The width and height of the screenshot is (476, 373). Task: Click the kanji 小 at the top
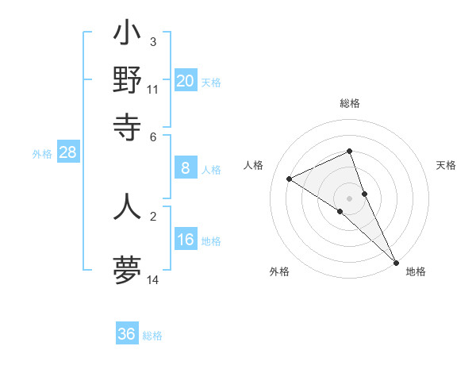click(128, 36)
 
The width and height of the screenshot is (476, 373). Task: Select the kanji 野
click(128, 79)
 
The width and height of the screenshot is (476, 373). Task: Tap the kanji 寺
click(128, 124)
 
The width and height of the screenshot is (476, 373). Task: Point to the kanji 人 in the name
click(128, 206)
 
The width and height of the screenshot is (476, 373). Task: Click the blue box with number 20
click(186, 81)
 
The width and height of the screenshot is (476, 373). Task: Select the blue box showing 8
click(186, 168)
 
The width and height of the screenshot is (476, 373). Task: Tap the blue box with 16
click(186, 240)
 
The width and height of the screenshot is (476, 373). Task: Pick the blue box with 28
click(67, 153)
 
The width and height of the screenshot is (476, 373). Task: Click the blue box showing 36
click(127, 335)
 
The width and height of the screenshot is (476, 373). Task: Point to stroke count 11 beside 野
click(153, 90)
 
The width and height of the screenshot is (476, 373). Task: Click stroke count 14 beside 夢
click(153, 280)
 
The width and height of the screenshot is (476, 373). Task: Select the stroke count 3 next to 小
click(152, 41)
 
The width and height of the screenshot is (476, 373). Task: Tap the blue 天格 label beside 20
click(211, 82)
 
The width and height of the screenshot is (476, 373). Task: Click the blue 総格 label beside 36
click(152, 336)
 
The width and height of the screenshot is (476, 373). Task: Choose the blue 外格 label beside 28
click(42, 154)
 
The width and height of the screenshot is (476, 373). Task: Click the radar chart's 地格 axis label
click(416, 271)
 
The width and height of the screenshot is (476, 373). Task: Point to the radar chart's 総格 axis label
click(350, 104)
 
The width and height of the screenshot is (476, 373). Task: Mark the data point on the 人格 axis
click(290, 179)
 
